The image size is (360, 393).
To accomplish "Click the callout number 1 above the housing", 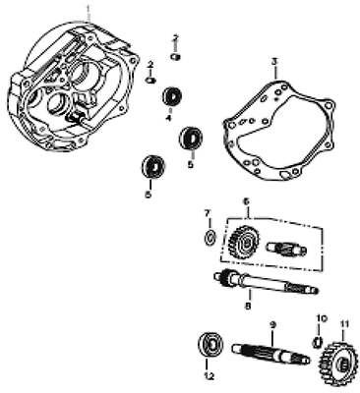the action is (88, 9).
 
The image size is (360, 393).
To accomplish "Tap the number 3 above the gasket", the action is (274, 61).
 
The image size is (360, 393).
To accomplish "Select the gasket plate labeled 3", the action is (278, 131).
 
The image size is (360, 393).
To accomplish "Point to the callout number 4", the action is (168, 118).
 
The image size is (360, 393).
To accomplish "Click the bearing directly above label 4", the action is (172, 96).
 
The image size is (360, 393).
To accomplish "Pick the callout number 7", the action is (207, 213).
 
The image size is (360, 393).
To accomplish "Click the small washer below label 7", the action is (210, 237).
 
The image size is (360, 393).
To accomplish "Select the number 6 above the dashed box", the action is (247, 202).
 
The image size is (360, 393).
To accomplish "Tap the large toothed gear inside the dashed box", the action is (243, 243).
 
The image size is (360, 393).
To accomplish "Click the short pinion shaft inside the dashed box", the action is (287, 250).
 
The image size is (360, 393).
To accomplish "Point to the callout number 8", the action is (248, 307).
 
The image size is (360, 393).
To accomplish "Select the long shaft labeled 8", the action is (266, 282).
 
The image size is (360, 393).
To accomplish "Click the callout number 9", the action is (273, 325).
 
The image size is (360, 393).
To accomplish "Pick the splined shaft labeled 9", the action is (271, 354).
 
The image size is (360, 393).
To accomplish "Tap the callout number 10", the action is (322, 319).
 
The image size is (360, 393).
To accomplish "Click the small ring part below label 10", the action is (317, 341).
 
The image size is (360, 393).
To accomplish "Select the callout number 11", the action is (343, 326).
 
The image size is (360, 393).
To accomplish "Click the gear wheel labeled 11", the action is (338, 364).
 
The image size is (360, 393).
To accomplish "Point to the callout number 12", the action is (209, 376).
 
